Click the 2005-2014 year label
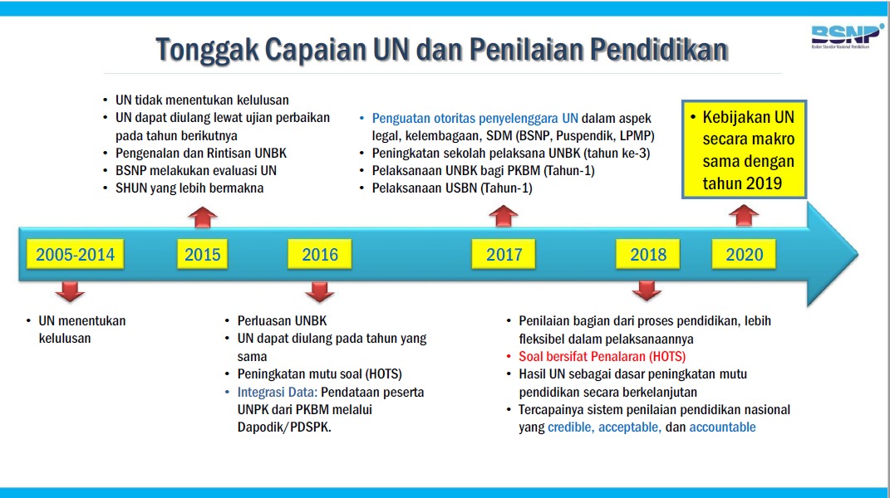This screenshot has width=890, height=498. point(75,254)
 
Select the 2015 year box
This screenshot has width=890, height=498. point(202,254)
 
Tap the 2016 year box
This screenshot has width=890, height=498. point(320,254)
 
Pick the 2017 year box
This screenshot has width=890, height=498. point(504,254)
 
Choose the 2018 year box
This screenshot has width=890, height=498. point(647,254)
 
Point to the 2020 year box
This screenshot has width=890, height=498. point(744,254)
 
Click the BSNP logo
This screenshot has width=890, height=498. point(847,36)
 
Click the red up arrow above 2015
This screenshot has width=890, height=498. point(203,217)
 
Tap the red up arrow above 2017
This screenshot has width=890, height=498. point(504,217)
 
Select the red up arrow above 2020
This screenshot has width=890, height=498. point(744,216)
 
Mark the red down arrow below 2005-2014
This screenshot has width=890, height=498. point(70,291)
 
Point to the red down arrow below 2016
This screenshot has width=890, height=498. point(320,291)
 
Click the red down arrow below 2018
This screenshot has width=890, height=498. point(647,291)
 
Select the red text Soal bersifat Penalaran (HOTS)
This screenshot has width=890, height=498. point(602,357)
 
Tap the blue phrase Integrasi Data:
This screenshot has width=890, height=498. point(277,392)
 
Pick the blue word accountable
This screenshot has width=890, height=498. point(723,427)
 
